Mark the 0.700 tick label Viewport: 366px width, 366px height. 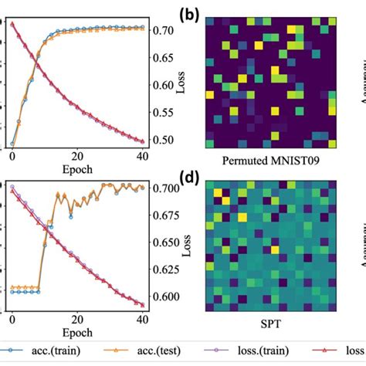pyautogui.click(x=166, y=188)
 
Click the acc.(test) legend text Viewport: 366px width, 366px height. pyautogui.click(x=158, y=353)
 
